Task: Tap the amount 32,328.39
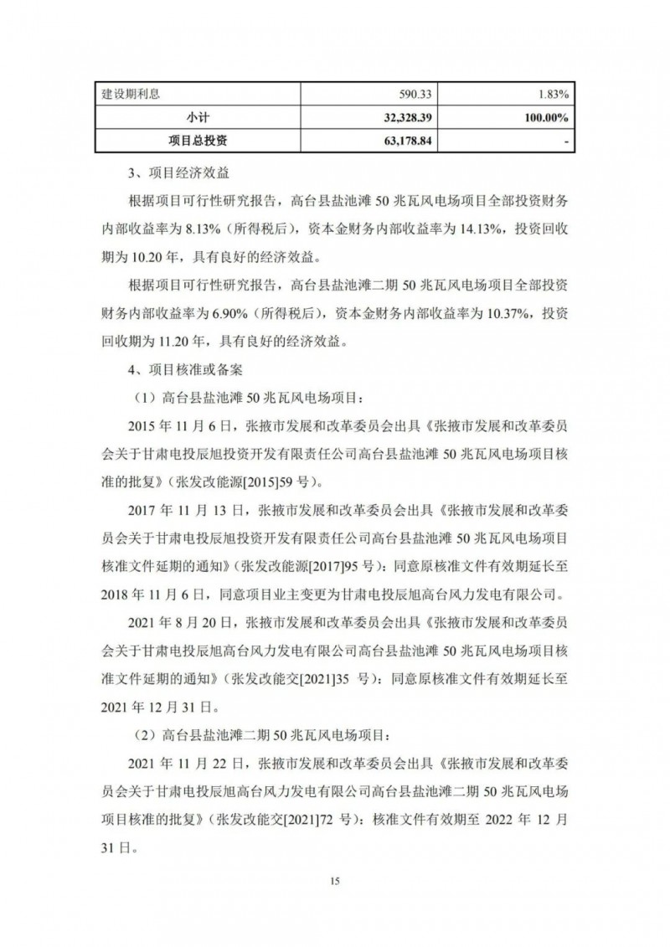click(x=401, y=118)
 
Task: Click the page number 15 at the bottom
click(x=334, y=881)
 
